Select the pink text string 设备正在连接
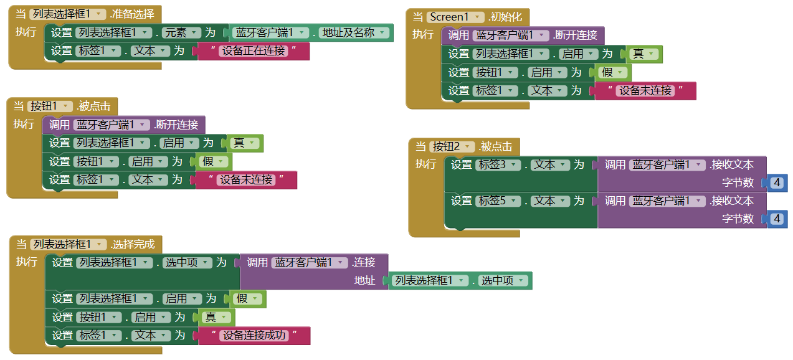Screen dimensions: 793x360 pyautogui.click(x=254, y=51)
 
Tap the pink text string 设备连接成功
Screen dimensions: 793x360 pyautogui.click(x=254, y=335)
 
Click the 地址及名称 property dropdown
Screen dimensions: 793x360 pyautogui.click(x=354, y=32)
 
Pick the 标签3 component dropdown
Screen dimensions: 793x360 pyautogui.click(x=498, y=164)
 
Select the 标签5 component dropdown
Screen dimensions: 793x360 pyautogui.click(x=498, y=201)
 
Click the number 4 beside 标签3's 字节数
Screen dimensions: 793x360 pyautogui.click(x=777, y=182)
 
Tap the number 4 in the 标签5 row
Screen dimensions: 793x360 pyautogui.click(x=777, y=219)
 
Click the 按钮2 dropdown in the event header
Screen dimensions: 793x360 pyautogui.click(x=452, y=146)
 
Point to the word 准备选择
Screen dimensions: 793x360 pyautogui.click(x=133, y=14)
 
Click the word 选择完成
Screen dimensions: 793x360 pyautogui.click(x=134, y=244)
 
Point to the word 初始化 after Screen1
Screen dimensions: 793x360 pyautogui.click(x=506, y=17)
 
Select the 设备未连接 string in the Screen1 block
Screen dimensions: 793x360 pyautogui.click(x=645, y=90)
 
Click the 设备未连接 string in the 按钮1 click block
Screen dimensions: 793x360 pyautogui.click(x=246, y=180)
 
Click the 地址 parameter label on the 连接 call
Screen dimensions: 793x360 pyautogui.click(x=364, y=280)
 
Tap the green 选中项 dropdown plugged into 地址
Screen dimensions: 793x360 pyautogui.click(x=503, y=280)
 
